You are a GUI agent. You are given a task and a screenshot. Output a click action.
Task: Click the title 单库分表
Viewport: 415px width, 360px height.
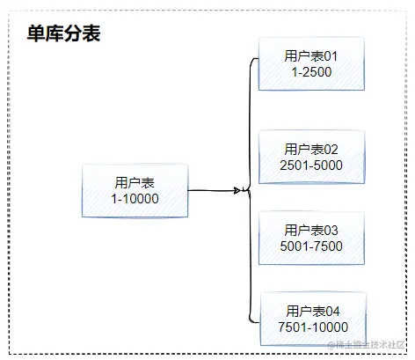coord(59,33)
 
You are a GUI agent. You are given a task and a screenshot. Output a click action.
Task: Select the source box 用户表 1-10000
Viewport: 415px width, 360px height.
coord(135,191)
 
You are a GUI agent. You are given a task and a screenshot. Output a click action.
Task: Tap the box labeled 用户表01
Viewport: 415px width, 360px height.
coord(311,64)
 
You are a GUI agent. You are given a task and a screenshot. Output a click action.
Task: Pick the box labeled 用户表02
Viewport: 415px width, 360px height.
coord(311,157)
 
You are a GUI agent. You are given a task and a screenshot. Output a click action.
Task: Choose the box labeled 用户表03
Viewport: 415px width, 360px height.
coord(311,238)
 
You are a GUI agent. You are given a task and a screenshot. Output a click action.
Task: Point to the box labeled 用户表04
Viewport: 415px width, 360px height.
coord(311,319)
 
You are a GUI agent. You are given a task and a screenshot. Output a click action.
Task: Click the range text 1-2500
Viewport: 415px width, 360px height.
coord(311,72)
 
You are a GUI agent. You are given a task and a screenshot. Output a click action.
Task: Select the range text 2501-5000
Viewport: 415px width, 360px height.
coord(311,165)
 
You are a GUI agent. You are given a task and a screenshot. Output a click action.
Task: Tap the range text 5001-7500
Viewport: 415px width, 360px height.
coord(311,246)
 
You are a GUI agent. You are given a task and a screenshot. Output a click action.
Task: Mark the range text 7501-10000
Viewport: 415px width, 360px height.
coord(311,327)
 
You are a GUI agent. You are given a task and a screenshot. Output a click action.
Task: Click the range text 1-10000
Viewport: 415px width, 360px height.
coord(135,200)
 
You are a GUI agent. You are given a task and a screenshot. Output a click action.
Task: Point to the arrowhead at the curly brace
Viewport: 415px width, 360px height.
coord(238,189)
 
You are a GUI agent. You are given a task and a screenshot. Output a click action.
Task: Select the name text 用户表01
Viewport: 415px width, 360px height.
coord(311,56)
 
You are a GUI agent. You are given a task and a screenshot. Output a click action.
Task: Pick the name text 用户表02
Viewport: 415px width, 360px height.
coord(311,149)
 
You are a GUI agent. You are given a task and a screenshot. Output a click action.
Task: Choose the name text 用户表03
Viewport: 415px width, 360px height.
coord(311,230)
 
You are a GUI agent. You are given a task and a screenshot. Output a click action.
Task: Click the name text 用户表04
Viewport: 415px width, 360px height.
coord(311,311)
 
